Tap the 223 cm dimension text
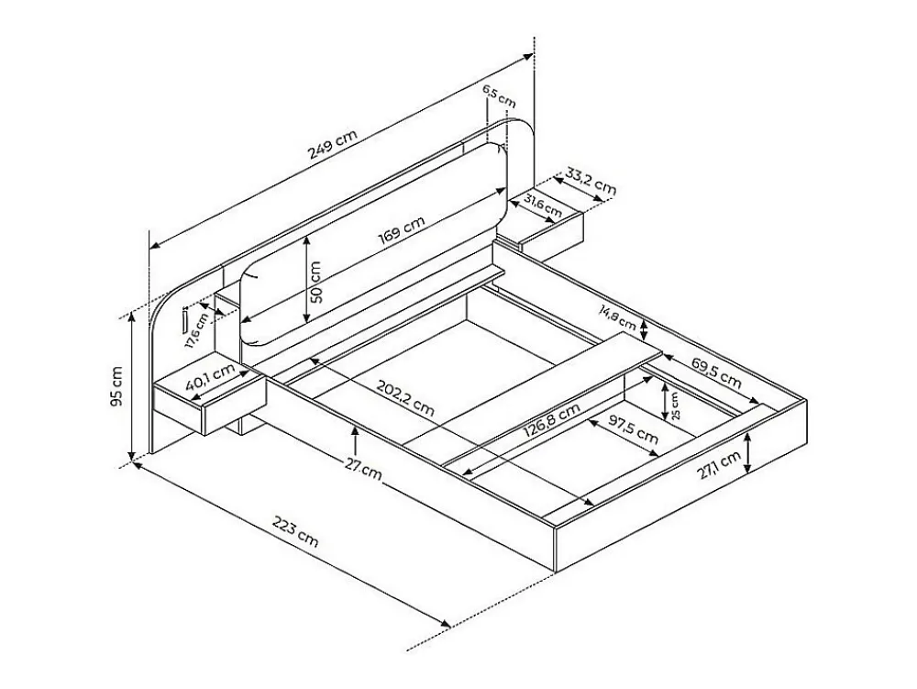pyautogui.click(x=296, y=530)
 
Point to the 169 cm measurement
pyautogui.click(x=402, y=230)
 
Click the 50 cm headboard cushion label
pyautogui.click(x=315, y=282)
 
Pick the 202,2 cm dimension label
pyautogui.click(x=405, y=398)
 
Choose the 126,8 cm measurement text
pyautogui.click(x=551, y=421)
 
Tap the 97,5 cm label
pyautogui.click(x=633, y=428)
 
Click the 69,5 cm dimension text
pyautogui.click(x=716, y=372)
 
